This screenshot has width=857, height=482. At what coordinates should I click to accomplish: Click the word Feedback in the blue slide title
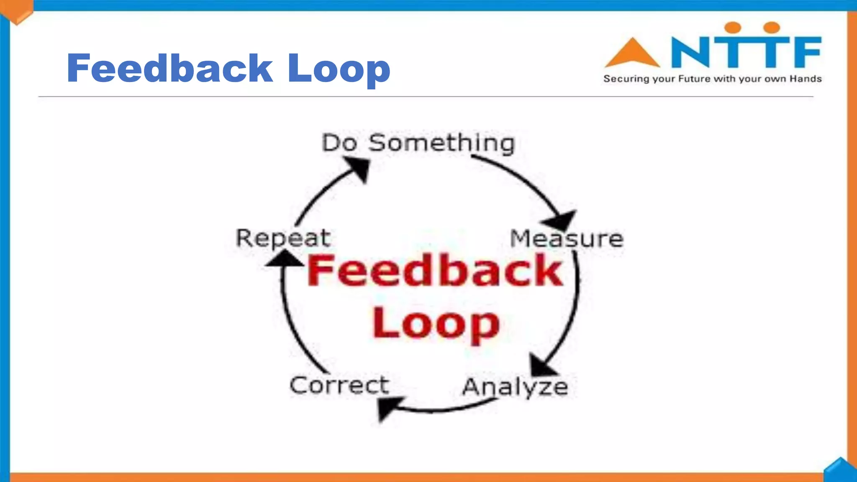pyautogui.click(x=170, y=68)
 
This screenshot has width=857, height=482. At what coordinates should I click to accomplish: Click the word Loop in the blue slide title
pyautogui.click(x=339, y=69)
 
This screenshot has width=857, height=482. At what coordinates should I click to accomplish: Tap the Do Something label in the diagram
pyautogui.click(x=418, y=143)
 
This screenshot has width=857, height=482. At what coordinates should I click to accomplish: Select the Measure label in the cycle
pyautogui.click(x=567, y=239)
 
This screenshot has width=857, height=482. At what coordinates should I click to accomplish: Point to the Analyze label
pyautogui.click(x=515, y=387)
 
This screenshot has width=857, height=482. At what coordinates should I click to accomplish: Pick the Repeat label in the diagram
pyautogui.click(x=283, y=238)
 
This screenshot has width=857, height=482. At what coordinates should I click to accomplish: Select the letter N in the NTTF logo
pyautogui.click(x=690, y=52)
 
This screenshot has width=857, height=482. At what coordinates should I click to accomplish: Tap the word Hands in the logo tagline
pyautogui.click(x=806, y=79)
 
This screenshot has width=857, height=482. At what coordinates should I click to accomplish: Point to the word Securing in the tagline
pyautogui.click(x=626, y=79)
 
